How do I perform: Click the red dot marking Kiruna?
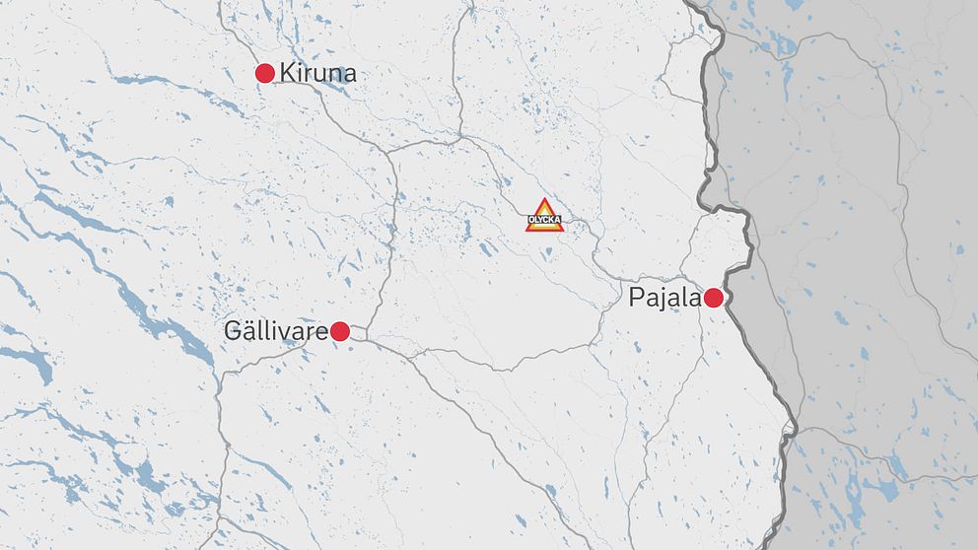pos(264,73)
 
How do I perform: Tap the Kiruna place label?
pos(317,73)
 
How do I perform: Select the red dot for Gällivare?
pos(340,332)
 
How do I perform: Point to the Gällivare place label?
pos(276,332)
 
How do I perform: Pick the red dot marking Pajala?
pos(714,298)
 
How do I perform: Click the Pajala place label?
pos(664,298)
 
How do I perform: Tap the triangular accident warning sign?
pos(544,216)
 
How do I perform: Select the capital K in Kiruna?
pos(288,73)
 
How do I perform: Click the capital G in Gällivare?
pos(234,332)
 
